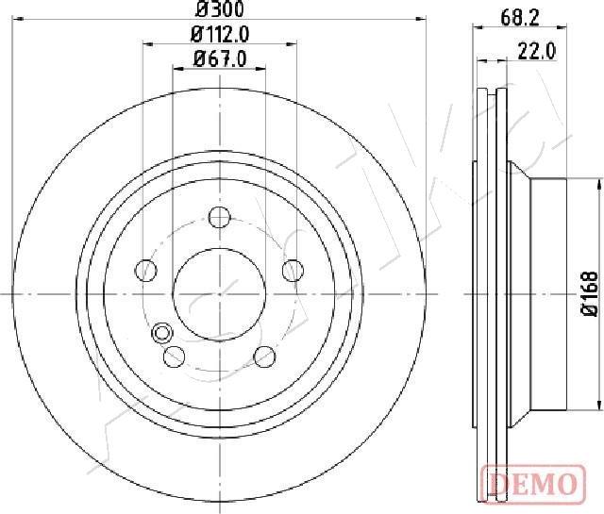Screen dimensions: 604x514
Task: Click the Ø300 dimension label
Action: tap(220, 9)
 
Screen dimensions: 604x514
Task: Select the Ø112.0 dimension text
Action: tap(220, 35)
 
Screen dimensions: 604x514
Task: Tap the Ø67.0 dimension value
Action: tap(220, 58)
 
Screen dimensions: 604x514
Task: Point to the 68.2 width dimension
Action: tap(520, 17)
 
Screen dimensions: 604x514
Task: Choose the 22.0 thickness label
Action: tap(537, 50)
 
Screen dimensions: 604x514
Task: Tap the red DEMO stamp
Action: tap(533, 483)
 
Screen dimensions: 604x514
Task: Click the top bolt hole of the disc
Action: tap(220, 217)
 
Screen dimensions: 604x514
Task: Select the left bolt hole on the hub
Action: tap(146, 270)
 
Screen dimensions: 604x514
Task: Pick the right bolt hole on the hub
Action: tap(293, 271)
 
